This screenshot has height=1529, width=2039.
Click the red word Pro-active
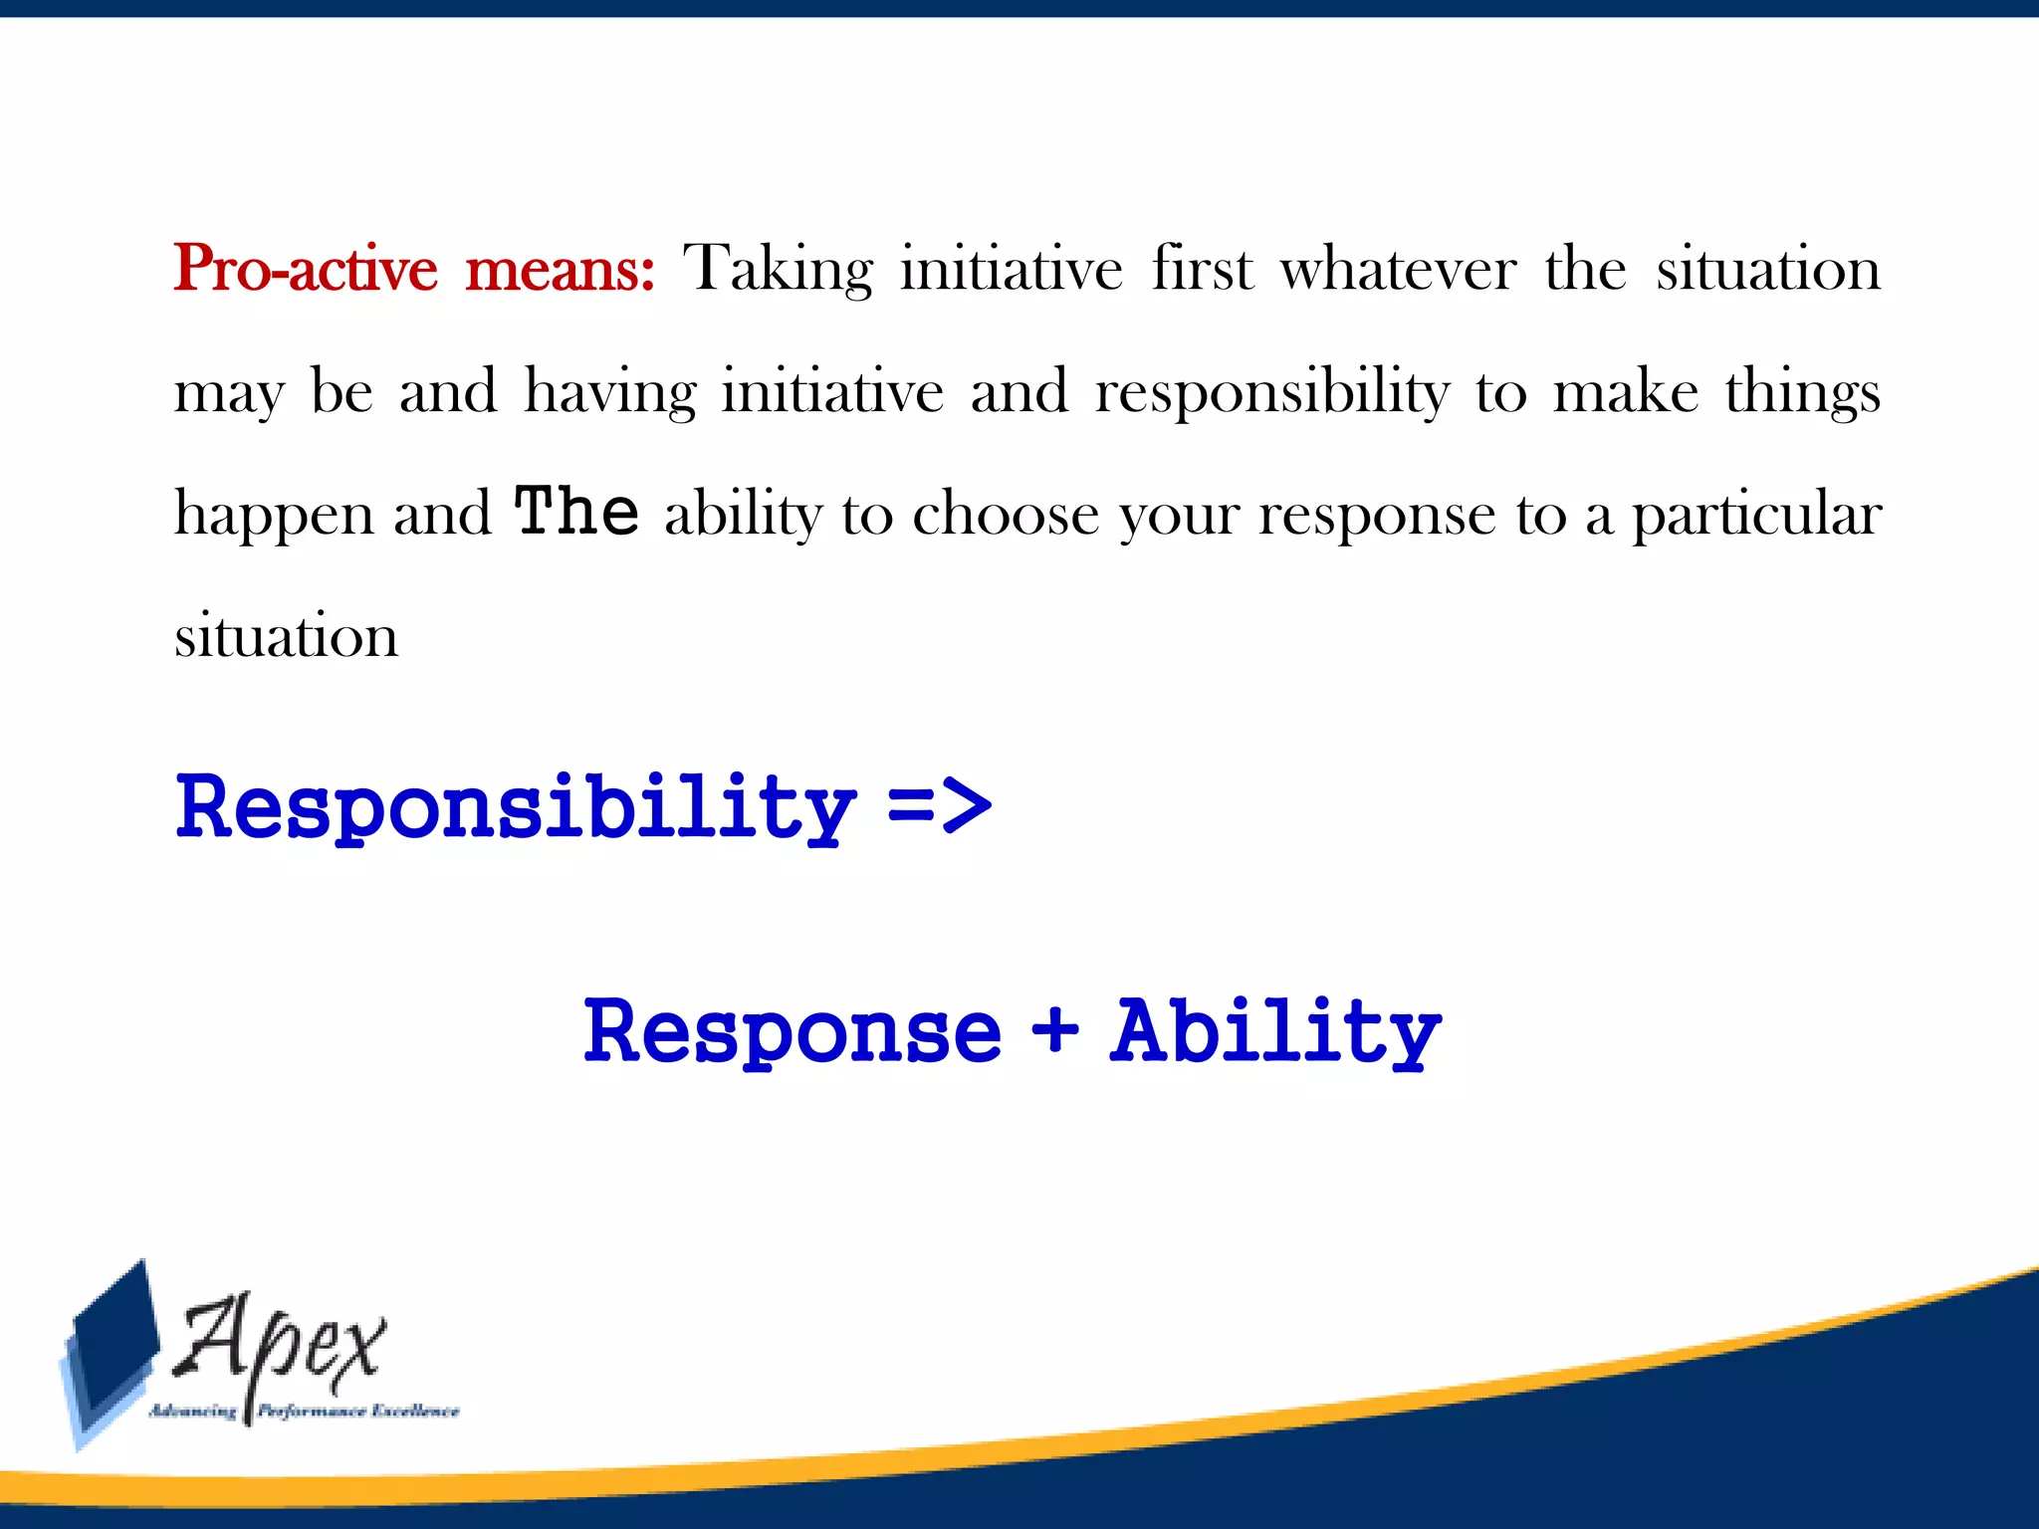coord(306,270)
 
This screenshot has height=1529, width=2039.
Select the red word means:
coord(561,270)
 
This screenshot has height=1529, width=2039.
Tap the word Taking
coord(778,270)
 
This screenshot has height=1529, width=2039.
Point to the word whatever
coord(1398,270)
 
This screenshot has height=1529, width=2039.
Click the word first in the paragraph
coord(1202,270)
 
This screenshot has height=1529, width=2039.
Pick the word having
coord(610,392)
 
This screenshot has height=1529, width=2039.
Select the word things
coord(1802,392)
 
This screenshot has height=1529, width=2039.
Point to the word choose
coord(1005,515)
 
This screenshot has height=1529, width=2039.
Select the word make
coord(1626,390)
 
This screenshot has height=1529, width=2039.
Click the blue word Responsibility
coord(516,807)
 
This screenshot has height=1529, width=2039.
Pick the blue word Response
coord(793,1032)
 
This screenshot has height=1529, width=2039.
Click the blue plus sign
coord(1055,1029)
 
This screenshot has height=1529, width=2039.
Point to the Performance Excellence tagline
coord(358,1412)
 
